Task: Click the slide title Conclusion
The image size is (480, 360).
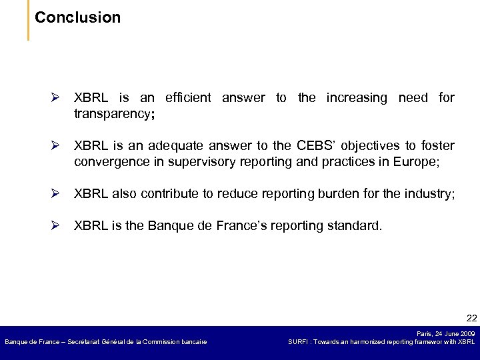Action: coord(77,17)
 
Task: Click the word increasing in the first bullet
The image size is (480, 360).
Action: coord(356,98)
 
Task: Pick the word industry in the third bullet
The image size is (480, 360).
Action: coord(431,194)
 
